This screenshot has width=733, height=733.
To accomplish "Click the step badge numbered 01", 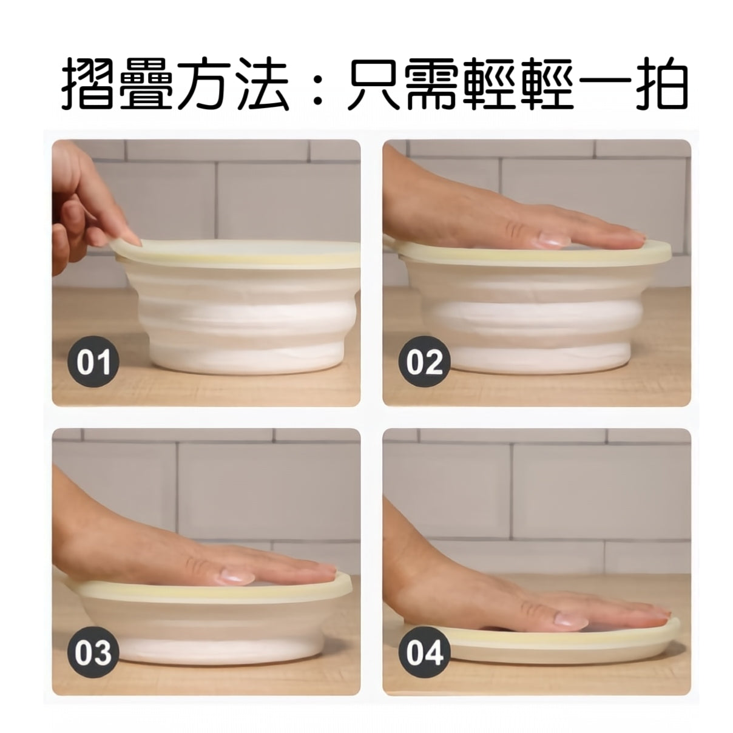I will point(95,362).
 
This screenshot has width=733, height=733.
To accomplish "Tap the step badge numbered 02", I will point(425,362).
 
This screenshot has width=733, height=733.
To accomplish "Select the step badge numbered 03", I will point(95,653).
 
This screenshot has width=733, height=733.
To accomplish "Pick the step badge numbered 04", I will point(425,653).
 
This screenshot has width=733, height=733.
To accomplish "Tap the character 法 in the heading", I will point(261,85).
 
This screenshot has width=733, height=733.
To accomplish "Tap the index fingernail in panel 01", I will point(131,240).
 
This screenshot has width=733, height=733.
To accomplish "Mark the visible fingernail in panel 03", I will point(232,575).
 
